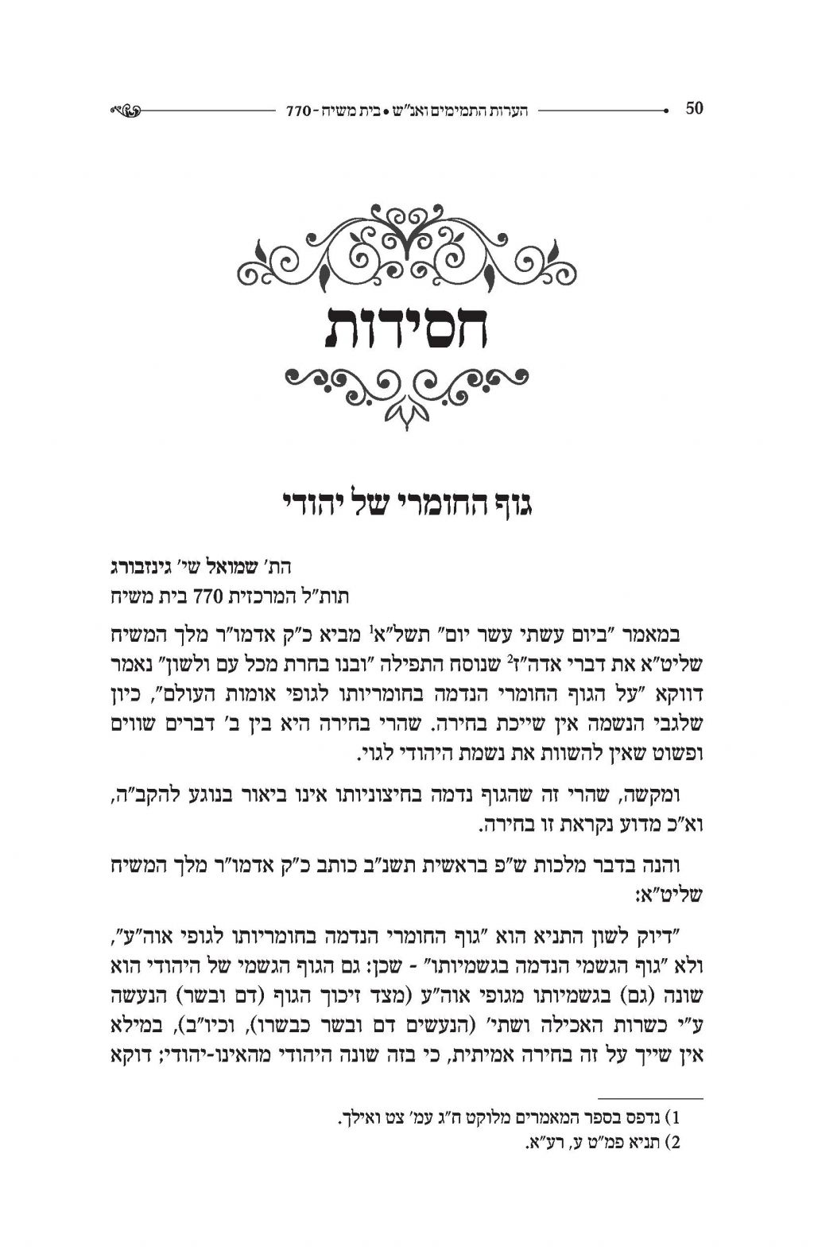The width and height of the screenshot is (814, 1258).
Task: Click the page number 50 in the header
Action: pyautogui.click(x=694, y=109)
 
